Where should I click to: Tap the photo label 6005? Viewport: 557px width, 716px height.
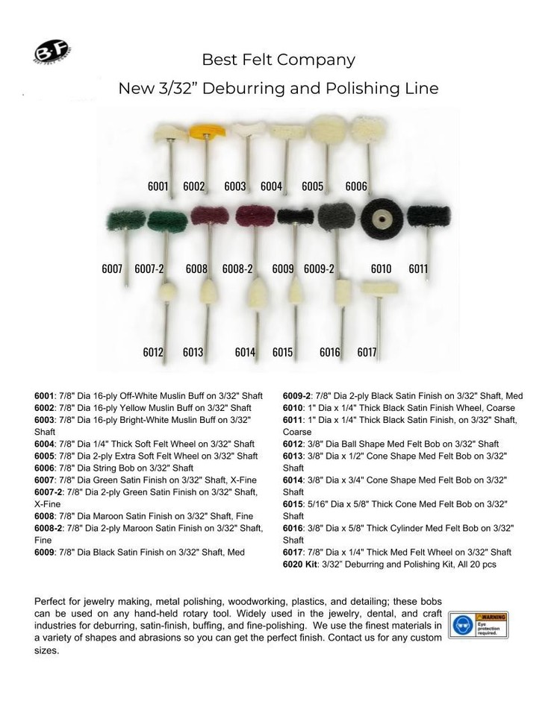[312, 186]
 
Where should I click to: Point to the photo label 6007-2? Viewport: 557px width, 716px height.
[149, 268]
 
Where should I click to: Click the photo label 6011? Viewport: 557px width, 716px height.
[418, 268]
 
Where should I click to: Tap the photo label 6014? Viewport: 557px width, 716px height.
[245, 352]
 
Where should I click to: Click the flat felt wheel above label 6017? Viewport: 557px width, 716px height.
[379, 287]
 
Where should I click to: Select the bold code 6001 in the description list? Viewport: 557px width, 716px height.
[46, 397]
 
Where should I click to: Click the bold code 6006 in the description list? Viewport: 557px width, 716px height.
[46, 467]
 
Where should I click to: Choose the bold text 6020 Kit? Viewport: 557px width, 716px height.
[300, 564]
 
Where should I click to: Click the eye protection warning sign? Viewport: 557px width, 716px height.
[479, 624]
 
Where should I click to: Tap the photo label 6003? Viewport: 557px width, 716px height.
[234, 186]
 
